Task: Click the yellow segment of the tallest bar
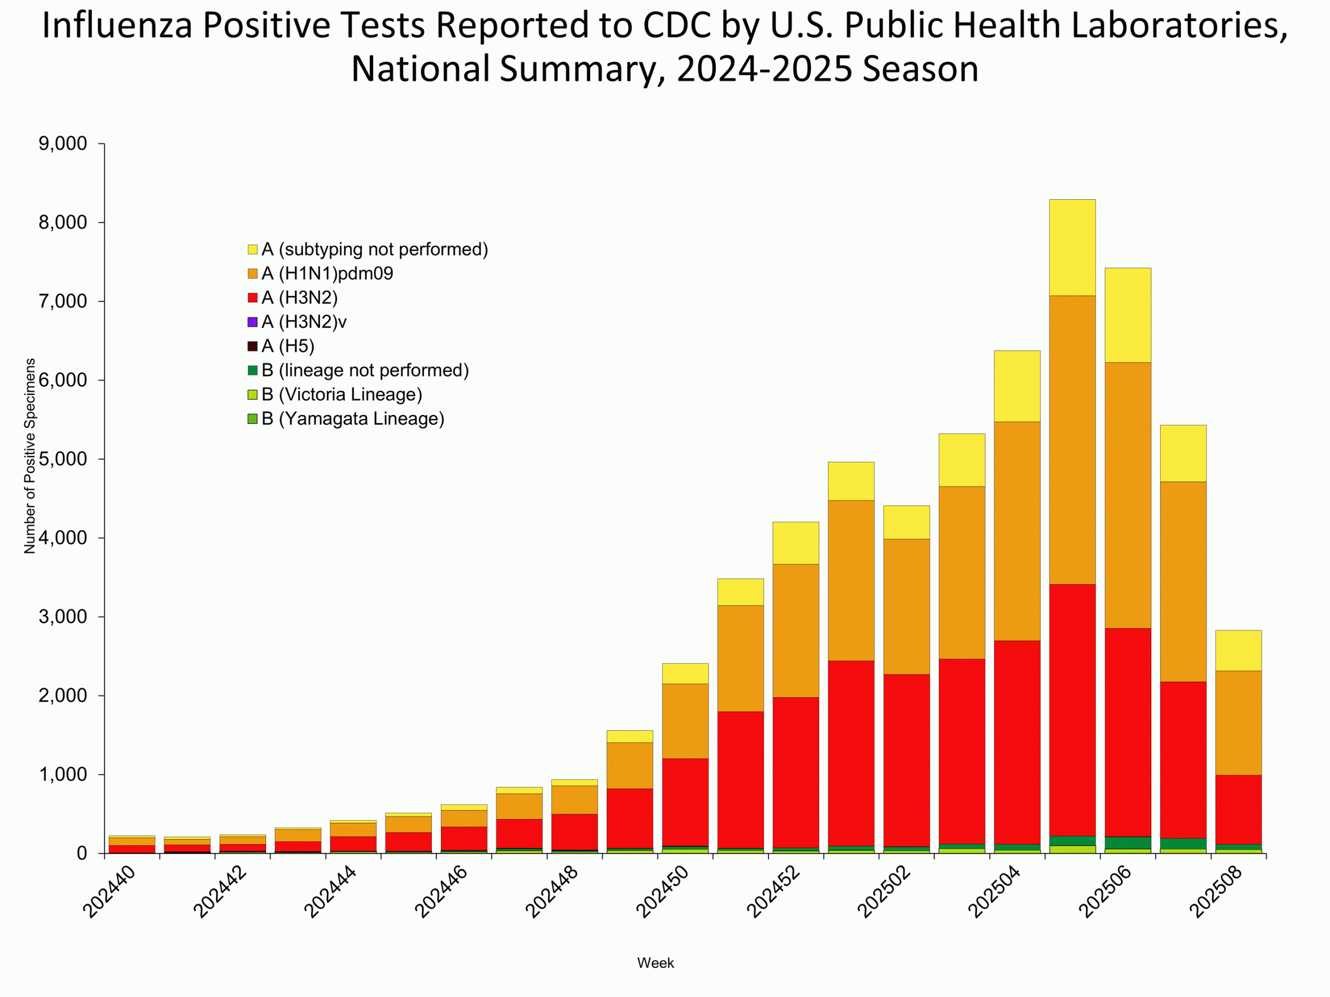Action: (1072, 247)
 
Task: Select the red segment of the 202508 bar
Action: (1238, 810)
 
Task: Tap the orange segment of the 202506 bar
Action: (1127, 495)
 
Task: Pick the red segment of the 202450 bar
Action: (685, 802)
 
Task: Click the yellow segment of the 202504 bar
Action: (1017, 386)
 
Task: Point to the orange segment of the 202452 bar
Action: (795, 630)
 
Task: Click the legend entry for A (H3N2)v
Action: (303, 322)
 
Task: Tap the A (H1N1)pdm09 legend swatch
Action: (252, 274)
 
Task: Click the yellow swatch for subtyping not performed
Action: (252, 249)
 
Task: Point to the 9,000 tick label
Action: (62, 144)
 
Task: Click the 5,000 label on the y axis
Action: (62, 459)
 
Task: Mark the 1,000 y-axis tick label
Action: (62, 775)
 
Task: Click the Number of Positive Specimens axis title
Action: (30, 455)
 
